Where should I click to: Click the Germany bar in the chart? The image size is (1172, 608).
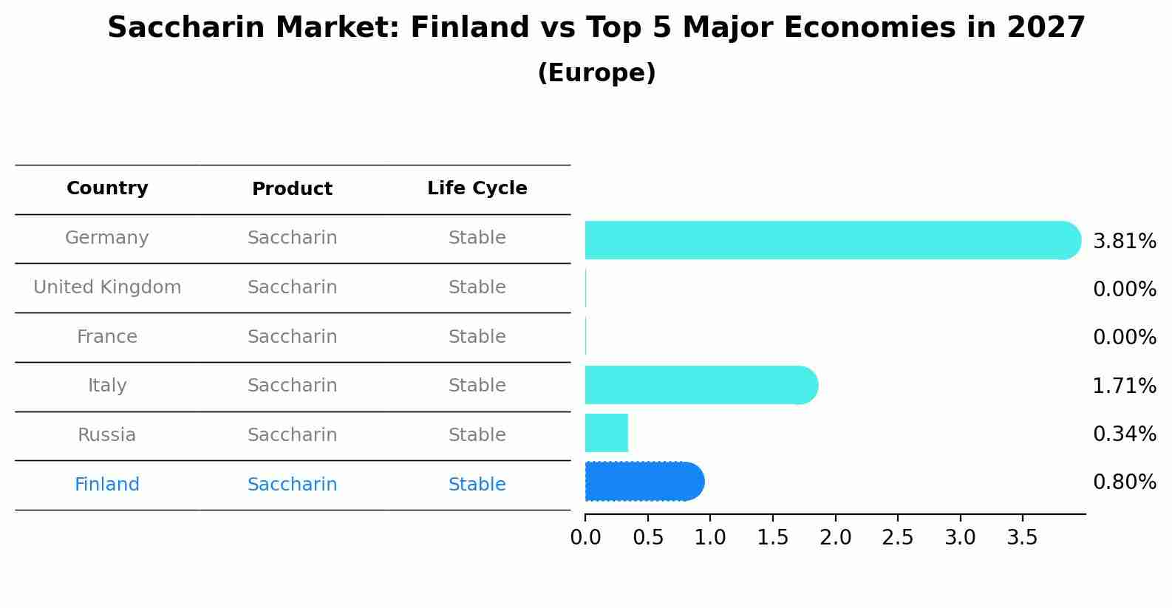click(833, 240)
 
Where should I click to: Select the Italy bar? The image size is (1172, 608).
click(701, 385)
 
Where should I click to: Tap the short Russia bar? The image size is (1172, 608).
click(607, 433)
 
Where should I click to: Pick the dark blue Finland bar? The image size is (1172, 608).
click(644, 482)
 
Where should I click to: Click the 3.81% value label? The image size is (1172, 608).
click(1125, 242)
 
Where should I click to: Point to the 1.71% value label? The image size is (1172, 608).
click(1125, 386)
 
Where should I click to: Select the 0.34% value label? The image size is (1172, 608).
click(1125, 434)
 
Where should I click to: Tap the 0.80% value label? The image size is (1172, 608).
click(1125, 482)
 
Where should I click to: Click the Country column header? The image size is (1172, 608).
click(107, 188)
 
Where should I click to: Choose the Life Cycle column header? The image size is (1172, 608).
click(477, 188)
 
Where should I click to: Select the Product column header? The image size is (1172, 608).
click(292, 188)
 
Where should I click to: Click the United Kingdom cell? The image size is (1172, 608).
click(107, 287)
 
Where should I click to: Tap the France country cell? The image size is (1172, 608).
click(107, 336)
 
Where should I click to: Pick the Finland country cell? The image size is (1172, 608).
click(107, 484)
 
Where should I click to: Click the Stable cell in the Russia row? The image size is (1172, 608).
click(477, 434)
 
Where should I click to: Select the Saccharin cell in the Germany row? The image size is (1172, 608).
click(292, 238)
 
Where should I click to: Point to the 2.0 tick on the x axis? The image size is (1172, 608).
click(836, 538)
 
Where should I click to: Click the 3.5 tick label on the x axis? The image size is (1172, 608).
click(1023, 538)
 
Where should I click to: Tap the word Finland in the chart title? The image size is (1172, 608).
click(470, 27)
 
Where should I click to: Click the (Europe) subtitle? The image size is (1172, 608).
click(596, 72)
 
